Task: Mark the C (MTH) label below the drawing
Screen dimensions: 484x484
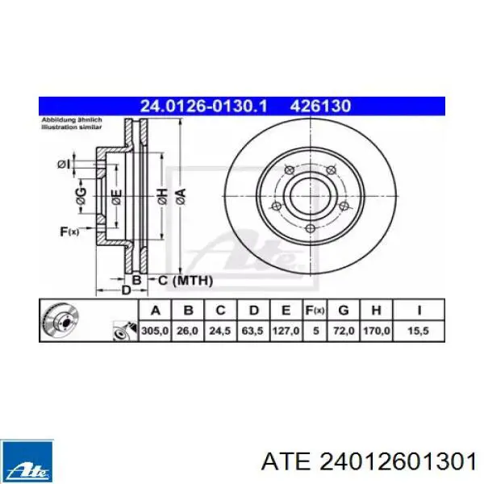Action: point(185,281)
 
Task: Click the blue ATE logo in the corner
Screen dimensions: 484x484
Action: point(27,459)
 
